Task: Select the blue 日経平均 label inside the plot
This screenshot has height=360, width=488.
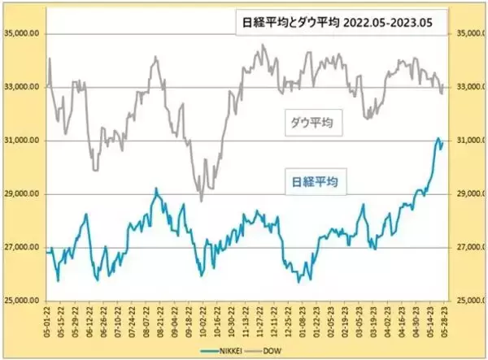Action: coord(318,181)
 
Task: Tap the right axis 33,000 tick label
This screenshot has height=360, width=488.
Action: coord(466,88)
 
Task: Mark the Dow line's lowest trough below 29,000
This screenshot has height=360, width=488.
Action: coord(201,201)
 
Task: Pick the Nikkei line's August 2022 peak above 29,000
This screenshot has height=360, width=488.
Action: coord(156,189)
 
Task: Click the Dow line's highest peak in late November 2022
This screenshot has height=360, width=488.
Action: coord(263,46)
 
